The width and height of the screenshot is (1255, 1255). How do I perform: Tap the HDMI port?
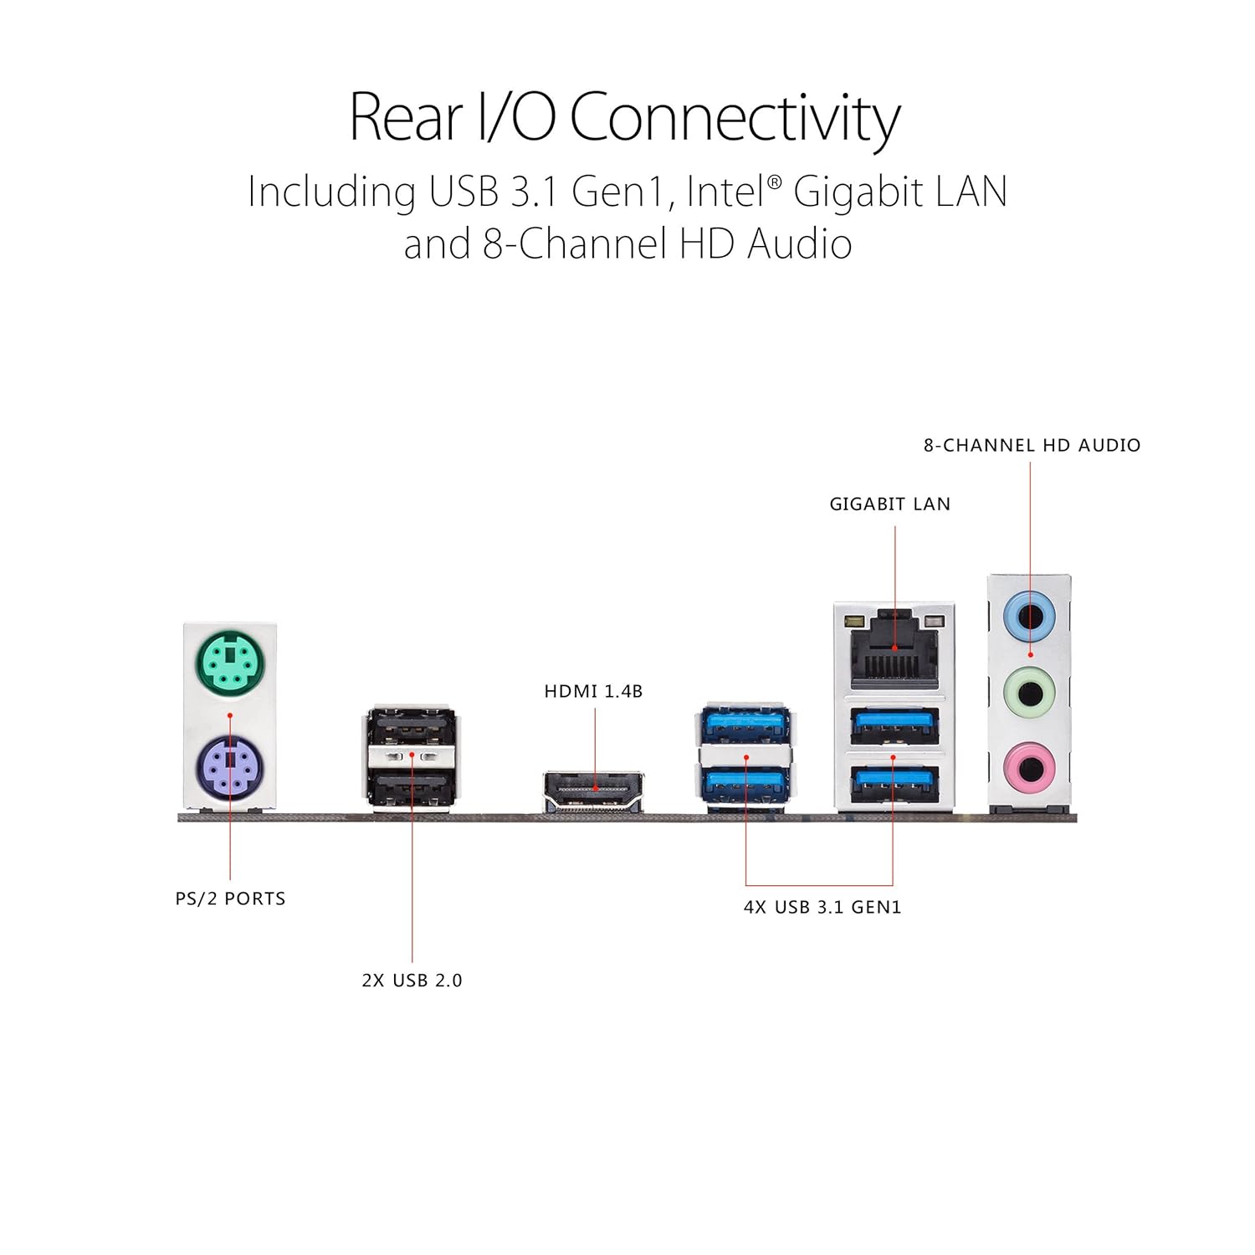(x=594, y=791)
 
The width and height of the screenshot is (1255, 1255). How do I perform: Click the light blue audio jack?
(x=1029, y=617)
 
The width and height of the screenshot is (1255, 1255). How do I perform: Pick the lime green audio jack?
(x=1029, y=694)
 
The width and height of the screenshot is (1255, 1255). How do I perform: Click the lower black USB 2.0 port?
(x=412, y=789)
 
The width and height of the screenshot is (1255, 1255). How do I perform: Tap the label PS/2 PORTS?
(x=230, y=899)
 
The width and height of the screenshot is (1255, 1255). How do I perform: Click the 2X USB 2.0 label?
(x=412, y=981)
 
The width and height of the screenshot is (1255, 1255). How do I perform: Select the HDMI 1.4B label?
(x=593, y=691)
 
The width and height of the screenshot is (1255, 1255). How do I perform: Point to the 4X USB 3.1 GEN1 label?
(x=822, y=907)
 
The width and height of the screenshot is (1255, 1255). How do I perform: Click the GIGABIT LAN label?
(x=890, y=504)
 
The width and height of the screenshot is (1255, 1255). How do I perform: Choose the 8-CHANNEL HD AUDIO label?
(x=1032, y=445)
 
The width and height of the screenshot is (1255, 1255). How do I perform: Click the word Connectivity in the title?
(x=735, y=118)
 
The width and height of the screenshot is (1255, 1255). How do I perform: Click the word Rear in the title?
(x=405, y=116)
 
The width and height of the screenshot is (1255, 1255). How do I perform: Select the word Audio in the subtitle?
(x=800, y=244)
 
